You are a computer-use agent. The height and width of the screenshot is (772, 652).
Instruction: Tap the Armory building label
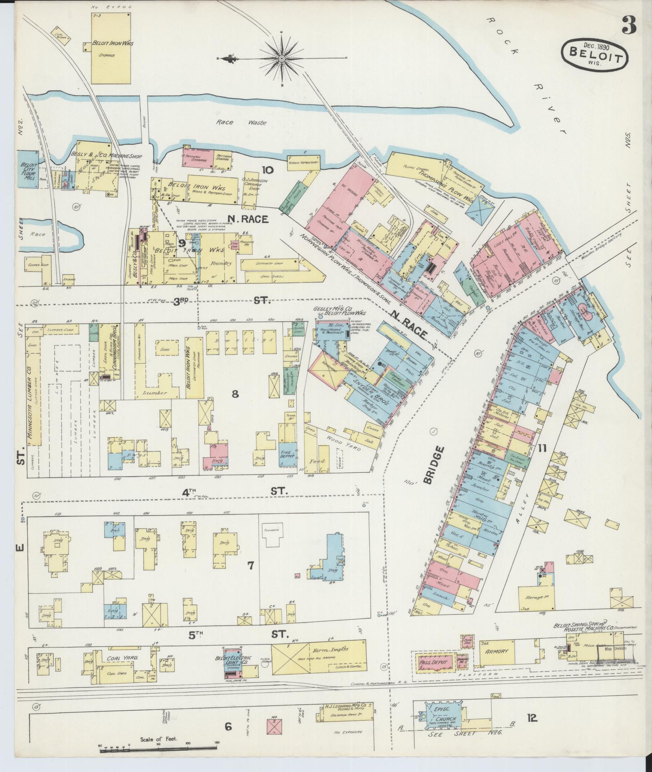click(497, 651)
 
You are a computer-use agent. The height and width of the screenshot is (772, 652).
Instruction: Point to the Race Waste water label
click(241, 123)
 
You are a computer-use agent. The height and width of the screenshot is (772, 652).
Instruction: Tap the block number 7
click(250, 566)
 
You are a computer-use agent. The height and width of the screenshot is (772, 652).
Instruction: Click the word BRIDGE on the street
click(439, 465)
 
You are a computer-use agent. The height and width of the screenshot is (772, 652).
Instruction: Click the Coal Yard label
click(122, 657)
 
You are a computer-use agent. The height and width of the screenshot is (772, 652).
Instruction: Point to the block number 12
click(532, 718)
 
